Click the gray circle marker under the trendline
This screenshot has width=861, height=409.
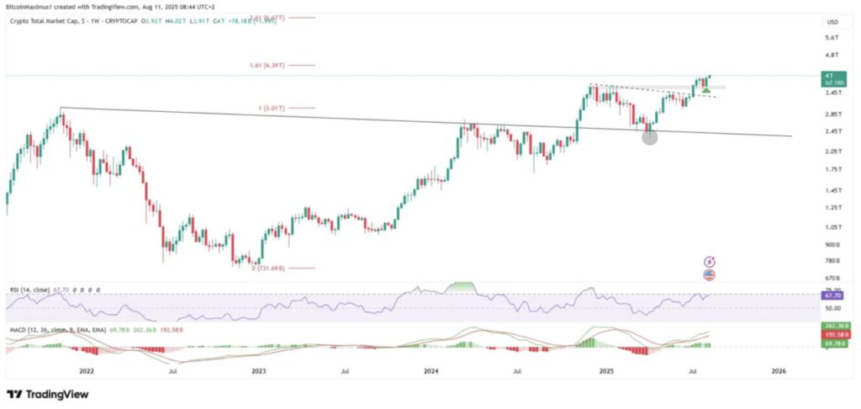[649, 136]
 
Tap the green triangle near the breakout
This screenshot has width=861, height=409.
[705, 89]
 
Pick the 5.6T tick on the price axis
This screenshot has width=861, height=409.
[832, 38]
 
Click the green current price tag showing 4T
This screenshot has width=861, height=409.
[832, 76]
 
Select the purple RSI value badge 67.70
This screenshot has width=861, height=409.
[832, 296]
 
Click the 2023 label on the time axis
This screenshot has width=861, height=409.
[259, 370]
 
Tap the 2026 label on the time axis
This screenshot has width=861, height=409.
[779, 370]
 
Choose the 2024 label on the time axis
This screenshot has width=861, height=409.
[432, 370]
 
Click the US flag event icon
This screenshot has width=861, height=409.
[710, 275]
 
